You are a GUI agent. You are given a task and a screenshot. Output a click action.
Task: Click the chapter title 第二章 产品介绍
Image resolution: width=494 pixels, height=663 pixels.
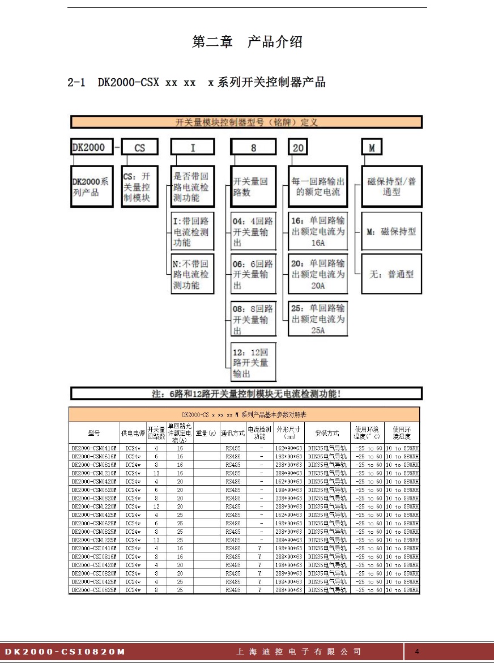click(247, 42)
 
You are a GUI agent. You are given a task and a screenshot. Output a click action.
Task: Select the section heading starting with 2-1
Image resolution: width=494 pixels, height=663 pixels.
click(196, 83)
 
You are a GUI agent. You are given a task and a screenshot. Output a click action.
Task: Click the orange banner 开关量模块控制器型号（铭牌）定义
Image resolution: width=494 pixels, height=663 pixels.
click(246, 122)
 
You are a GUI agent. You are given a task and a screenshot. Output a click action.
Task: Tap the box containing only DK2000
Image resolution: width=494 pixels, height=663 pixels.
click(91, 147)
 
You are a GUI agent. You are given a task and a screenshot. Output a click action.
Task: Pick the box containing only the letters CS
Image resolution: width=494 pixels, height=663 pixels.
click(140, 147)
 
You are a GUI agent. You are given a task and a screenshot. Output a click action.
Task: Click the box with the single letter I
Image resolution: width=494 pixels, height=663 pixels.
click(193, 147)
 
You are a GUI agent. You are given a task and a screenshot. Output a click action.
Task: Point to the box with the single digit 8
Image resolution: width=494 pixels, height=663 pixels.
click(253, 147)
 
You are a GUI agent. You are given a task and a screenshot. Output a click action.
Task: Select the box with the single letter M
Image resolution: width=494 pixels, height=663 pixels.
click(372, 147)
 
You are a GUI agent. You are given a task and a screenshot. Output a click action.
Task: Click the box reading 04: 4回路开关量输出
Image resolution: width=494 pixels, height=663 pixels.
click(253, 231)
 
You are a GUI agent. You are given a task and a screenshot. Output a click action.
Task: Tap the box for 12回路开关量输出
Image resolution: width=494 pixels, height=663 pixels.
click(253, 363)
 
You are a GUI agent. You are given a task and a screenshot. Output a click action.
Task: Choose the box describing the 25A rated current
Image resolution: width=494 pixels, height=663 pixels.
click(318, 318)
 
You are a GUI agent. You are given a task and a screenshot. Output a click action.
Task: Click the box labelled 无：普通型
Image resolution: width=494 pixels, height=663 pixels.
click(391, 274)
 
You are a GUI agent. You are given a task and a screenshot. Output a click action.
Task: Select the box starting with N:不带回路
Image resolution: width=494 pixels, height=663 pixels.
click(193, 274)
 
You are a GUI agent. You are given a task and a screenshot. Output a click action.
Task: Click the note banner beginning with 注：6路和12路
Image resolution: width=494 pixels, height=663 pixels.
click(246, 393)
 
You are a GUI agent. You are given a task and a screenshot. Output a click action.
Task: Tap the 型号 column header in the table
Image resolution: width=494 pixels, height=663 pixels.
click(94, 433)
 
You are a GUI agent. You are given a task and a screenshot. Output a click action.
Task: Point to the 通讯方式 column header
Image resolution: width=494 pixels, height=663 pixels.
click(232, 433)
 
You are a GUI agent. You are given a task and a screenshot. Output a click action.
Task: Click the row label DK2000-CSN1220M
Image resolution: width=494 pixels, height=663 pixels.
click(94, 507)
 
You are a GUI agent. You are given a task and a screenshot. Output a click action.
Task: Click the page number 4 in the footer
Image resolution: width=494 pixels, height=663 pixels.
click(418, 651)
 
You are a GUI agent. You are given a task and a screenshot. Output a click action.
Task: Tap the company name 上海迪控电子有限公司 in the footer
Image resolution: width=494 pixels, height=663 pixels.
click(299, 652)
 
